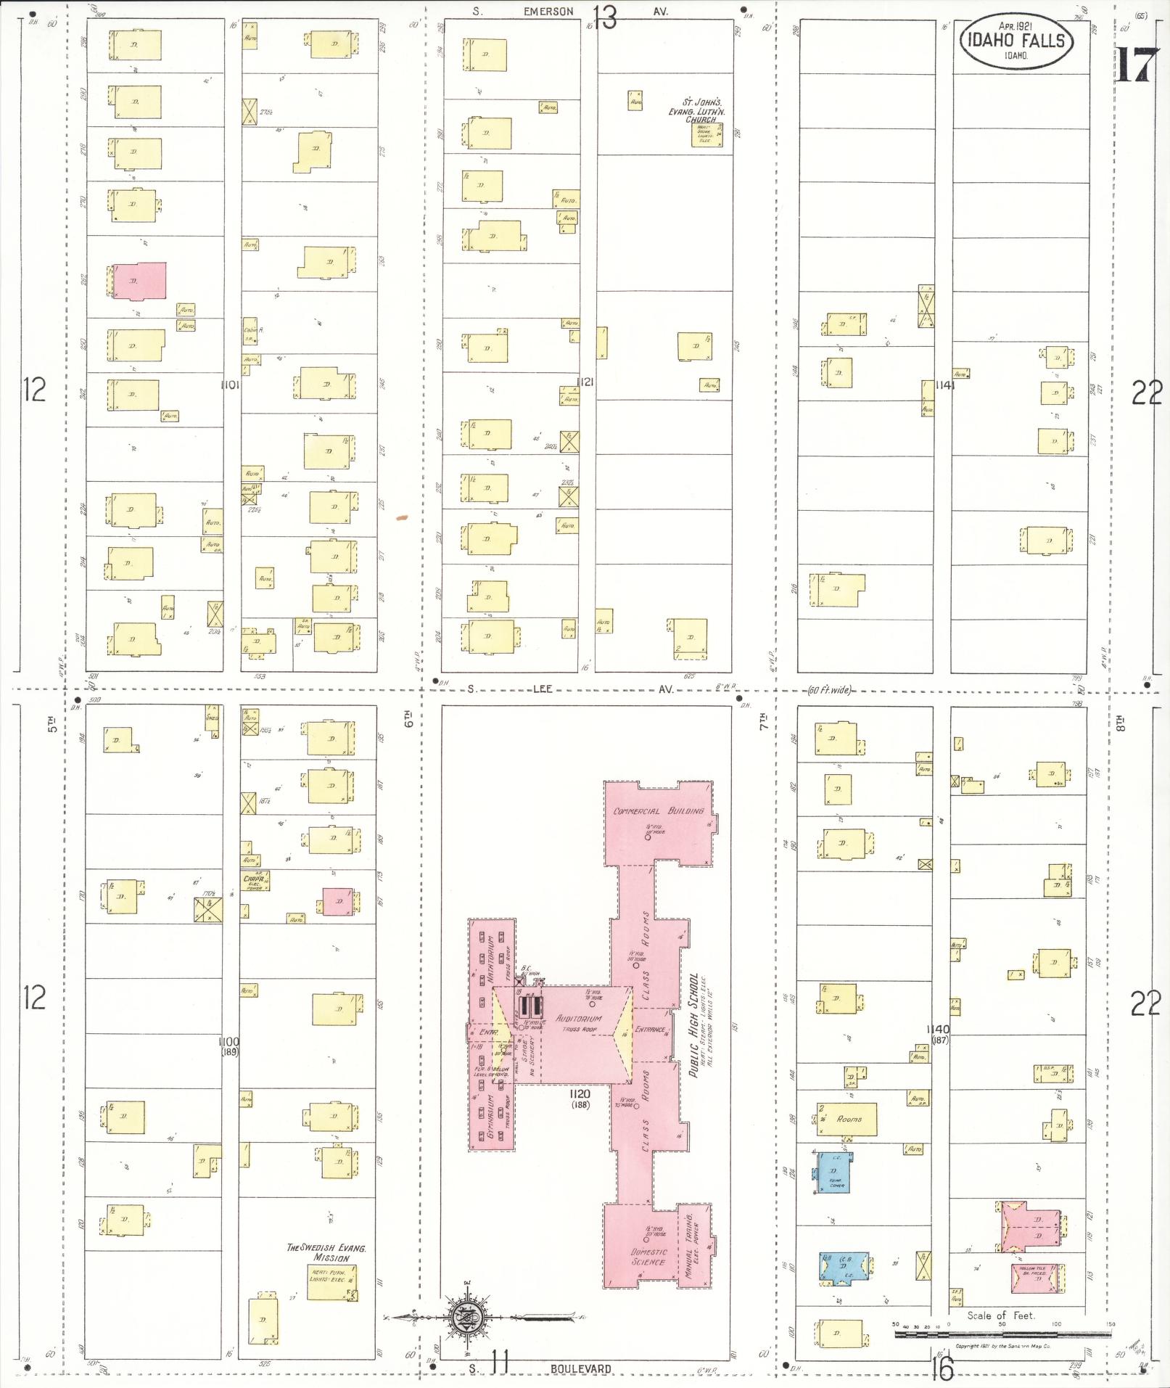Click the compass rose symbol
click(x=465, y=1315)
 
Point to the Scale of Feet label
click(x=1000, y=1315)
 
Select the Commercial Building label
click(x=659, y=810)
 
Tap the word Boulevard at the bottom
click(x=581, y=1368)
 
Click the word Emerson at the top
click(x=548, y=12)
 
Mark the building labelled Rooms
click(x=848, y=1119)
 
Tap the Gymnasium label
click(x=493, y=1122)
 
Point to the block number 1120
click(x=580, y=1094)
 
